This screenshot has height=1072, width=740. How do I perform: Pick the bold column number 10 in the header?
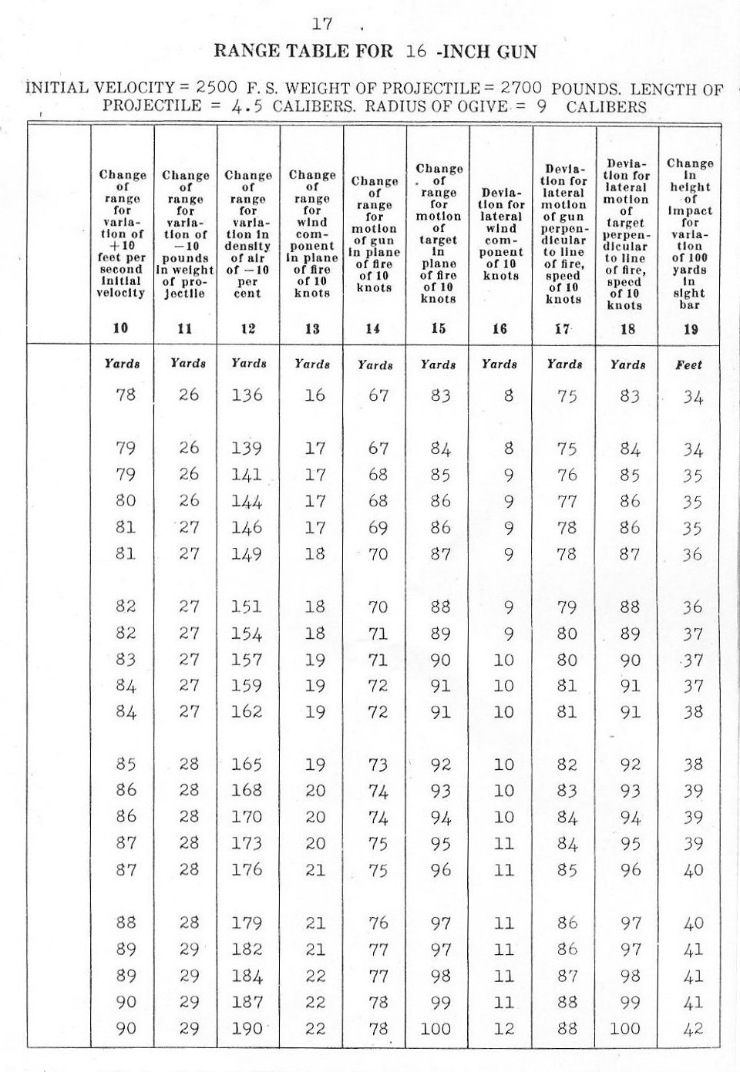pos(121,328)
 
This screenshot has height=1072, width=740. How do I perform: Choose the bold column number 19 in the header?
pos(690,329)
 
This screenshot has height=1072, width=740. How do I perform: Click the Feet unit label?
pos(688,365)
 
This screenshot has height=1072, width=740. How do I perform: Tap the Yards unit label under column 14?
pos(375,365)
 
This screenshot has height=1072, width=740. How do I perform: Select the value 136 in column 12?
pos(247,395)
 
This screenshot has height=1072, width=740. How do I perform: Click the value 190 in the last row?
pos(247,1028)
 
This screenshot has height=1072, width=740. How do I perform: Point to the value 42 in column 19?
pos(693,1028)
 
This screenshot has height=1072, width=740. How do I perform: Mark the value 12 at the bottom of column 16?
pos(504,1028)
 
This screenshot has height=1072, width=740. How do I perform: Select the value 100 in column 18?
pos(625,1028)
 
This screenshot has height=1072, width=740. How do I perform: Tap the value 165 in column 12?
pos(247,765)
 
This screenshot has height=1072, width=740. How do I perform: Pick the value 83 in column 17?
pos(567,791)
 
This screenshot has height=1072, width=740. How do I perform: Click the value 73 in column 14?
pos(377,765)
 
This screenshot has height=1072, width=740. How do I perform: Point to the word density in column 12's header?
pos(247,247)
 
